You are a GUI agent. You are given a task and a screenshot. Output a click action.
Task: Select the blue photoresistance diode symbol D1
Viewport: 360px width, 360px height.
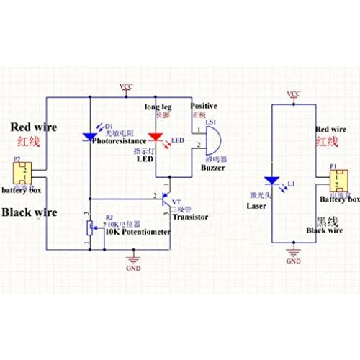tap(90, 134)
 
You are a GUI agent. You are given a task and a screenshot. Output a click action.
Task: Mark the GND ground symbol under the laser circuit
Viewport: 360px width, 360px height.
tap(293, 252)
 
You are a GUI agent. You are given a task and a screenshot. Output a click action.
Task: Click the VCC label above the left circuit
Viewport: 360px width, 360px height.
tap(127, 86)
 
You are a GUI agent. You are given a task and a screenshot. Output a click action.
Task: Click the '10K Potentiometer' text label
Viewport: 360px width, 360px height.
tap(138, 233)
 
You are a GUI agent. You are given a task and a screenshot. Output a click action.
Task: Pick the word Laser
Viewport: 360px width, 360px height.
tap(257, 206)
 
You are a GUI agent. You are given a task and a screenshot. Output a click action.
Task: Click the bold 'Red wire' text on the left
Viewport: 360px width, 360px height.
tap(32, 127)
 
